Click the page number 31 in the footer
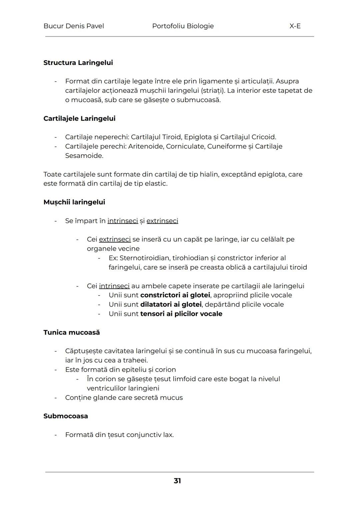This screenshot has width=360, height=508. [177, 481]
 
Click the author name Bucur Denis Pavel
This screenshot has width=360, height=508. [74, 26]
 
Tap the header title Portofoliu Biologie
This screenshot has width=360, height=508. [183, 26]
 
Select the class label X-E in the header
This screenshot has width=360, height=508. [295, 26]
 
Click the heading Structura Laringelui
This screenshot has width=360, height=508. [78, 63]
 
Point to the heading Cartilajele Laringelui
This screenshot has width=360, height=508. [79, 118]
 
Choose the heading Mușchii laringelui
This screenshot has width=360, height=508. [74, 202]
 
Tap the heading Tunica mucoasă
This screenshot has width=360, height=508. [71, 332]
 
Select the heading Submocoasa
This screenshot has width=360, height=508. [66, 416]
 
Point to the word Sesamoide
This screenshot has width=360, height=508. [84, 156]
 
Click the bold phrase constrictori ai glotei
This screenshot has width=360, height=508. [175, 295]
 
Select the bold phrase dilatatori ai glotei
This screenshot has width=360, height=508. [171, 304]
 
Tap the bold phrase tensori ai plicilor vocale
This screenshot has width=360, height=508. [181, 314]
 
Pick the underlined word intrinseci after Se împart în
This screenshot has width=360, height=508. [123, 221]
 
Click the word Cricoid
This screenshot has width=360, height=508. [263, 137]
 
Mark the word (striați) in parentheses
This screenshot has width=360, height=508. [214, 91]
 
